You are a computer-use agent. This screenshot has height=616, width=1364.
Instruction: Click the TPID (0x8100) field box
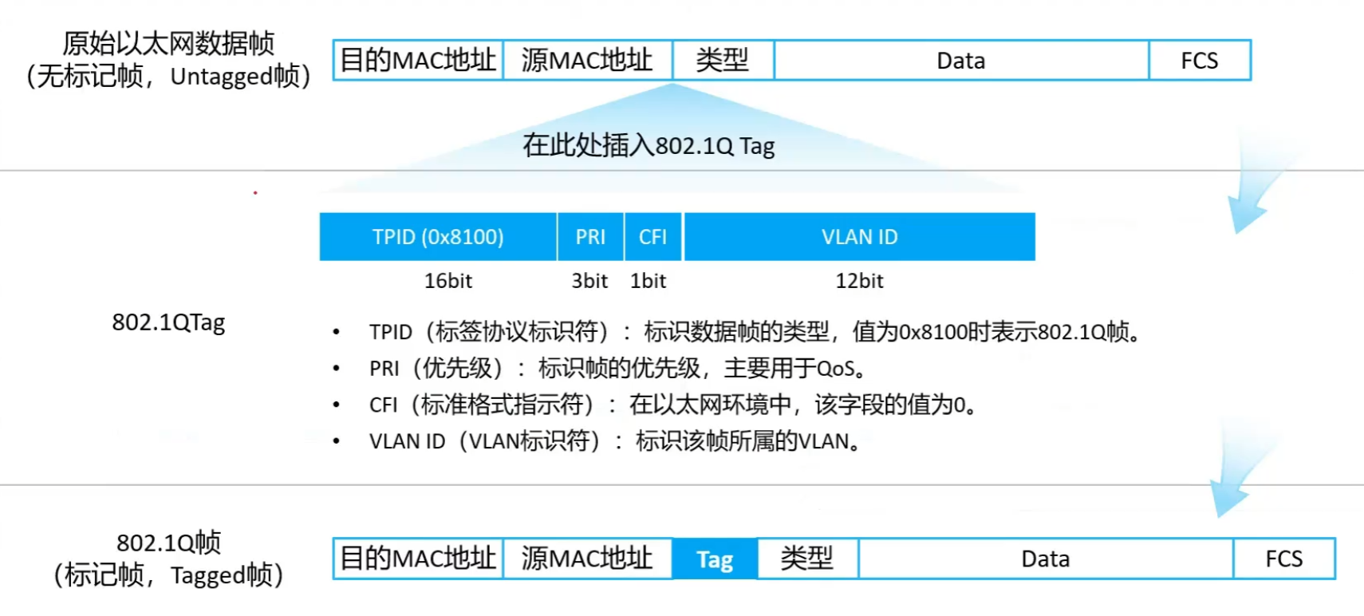[x=438, y=236]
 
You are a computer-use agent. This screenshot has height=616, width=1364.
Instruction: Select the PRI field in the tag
[x=590, y=236]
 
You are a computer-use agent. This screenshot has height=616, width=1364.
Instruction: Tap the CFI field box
[x=652, y=236]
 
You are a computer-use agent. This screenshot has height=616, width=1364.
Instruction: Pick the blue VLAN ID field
[x=859, y=236]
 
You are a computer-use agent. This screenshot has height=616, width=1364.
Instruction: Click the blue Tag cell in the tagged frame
[x=716, y=559]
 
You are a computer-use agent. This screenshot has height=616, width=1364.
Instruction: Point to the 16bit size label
[x=448, y=281]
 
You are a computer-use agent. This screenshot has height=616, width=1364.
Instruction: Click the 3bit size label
[x=589, y=281]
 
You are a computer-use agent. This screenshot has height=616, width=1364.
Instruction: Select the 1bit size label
[x=648, y=281]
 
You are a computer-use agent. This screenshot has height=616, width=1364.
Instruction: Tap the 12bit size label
[x=859, y=281]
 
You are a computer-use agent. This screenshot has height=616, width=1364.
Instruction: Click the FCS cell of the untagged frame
[x=1200, y=61]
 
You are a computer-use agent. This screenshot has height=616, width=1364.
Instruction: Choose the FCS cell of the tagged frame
[x=1284, y=559]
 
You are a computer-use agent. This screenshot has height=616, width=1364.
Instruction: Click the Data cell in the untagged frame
[x=961, y=61]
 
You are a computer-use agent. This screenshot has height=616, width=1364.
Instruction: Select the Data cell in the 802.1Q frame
[x=1046, y=559]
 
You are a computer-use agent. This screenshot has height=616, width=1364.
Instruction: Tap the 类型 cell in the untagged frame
[x=723, y=61]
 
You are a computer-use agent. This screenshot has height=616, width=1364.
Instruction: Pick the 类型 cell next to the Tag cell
[x=808, y=559]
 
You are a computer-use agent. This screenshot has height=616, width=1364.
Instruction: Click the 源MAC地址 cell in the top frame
[x=588, y=61]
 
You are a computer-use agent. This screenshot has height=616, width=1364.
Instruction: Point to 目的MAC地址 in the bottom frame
[x=418, y=559]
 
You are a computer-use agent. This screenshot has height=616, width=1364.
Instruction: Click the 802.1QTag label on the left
[x=168, y=322]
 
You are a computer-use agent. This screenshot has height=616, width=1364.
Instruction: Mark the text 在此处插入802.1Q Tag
[x=648, y=146]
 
